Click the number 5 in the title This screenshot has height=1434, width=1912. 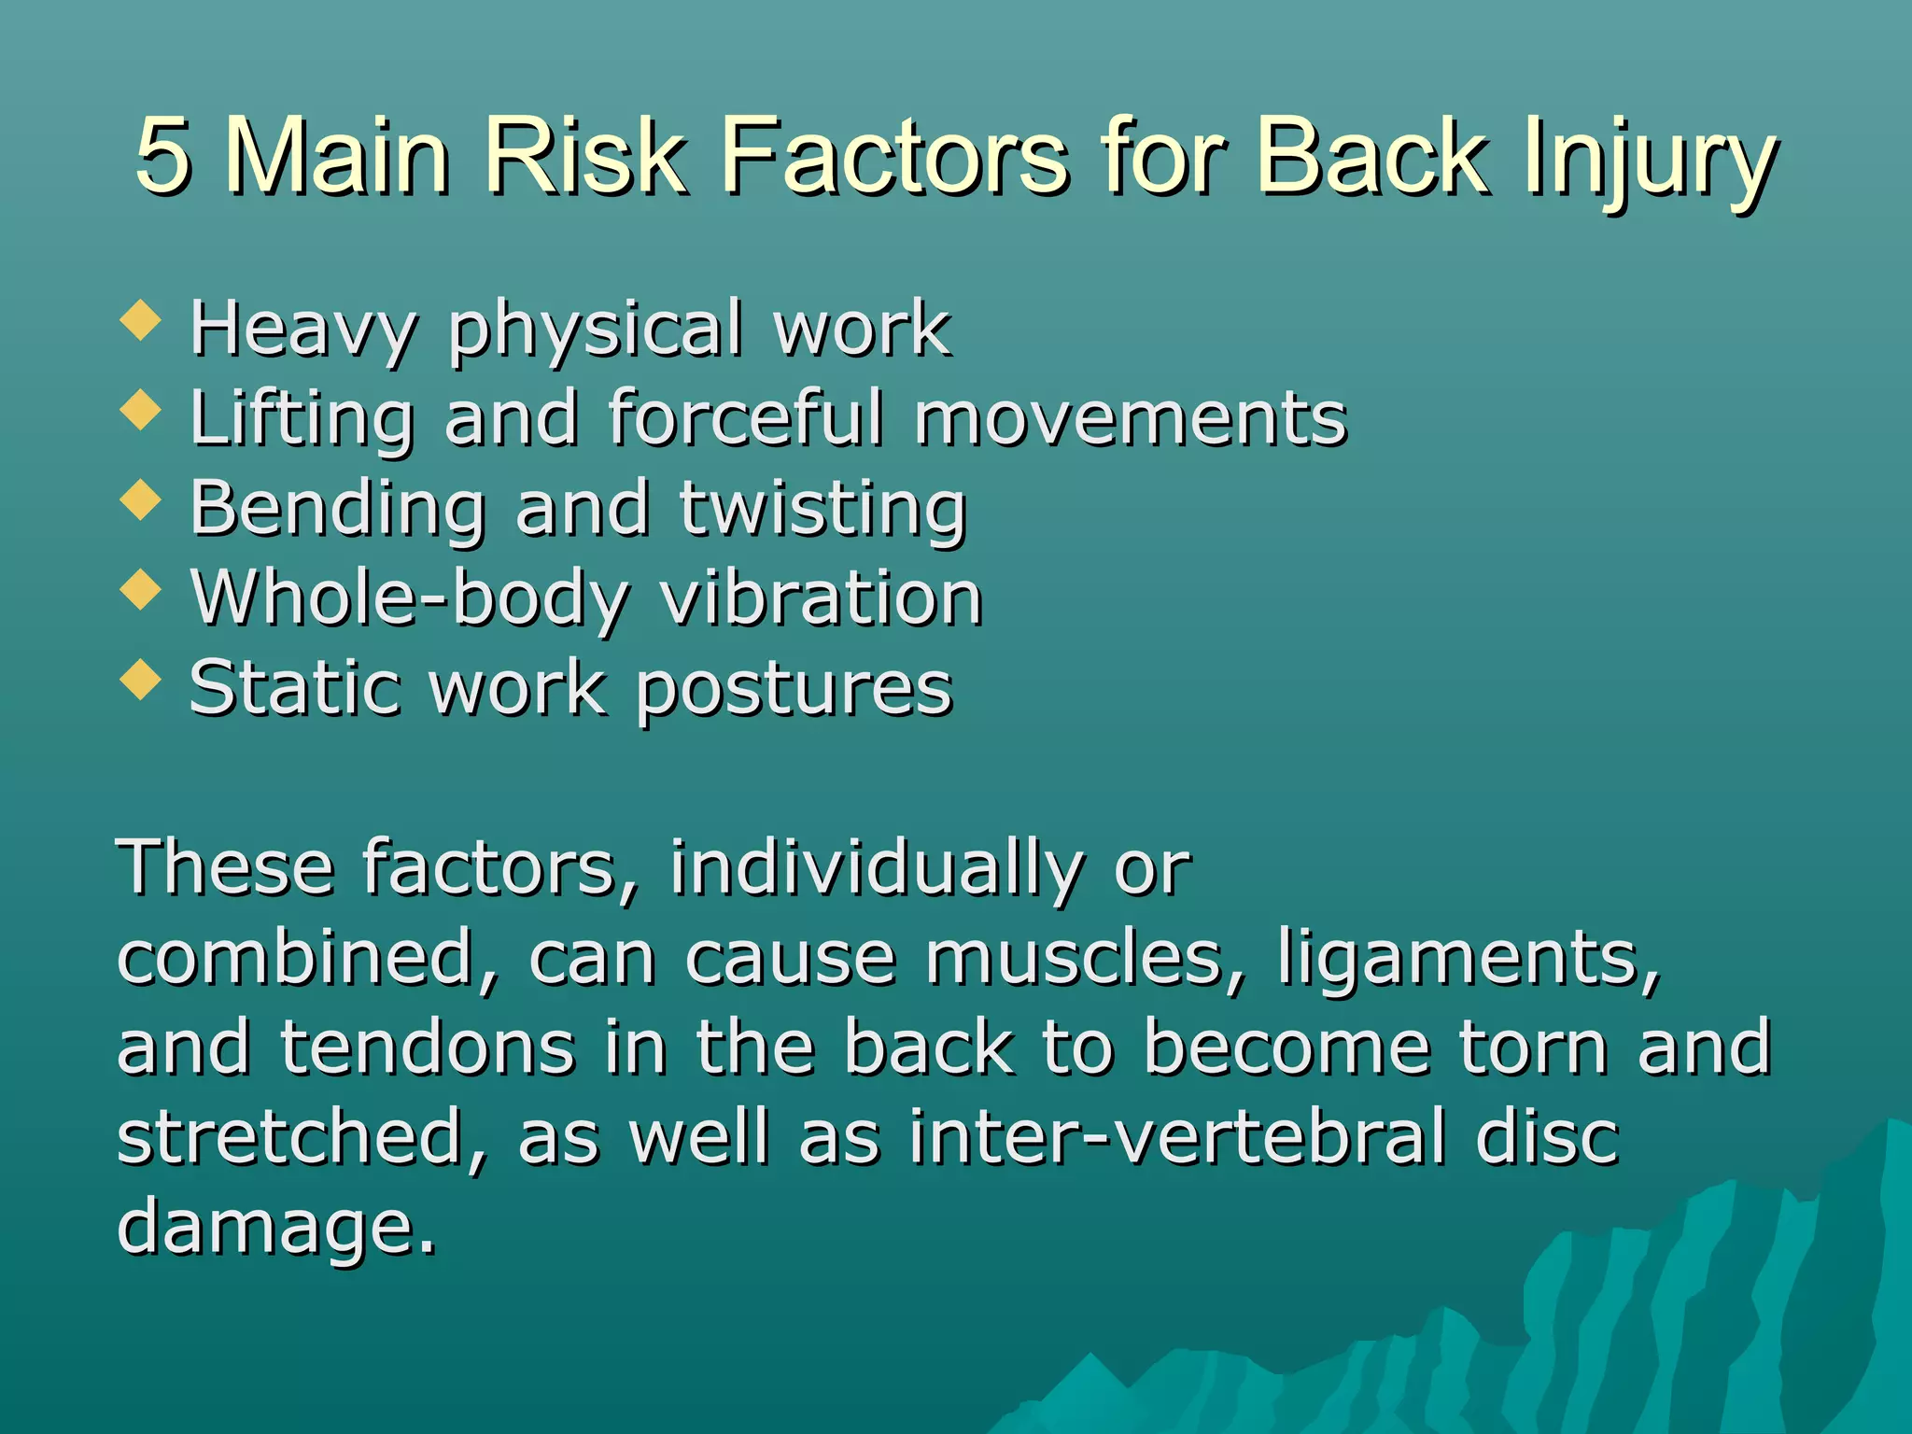point(164,156)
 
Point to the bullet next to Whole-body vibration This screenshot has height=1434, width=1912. point(141,590)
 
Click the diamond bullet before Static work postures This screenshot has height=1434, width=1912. point(141,680)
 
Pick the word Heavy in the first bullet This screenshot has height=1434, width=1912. point(302,329)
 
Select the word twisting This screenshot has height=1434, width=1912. point(822,510)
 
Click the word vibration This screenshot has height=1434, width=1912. point(822,597)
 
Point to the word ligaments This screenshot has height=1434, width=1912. point(1469,960)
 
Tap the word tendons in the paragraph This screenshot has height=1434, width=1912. point(428,1047)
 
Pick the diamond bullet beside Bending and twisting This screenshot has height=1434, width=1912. point(141,500)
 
